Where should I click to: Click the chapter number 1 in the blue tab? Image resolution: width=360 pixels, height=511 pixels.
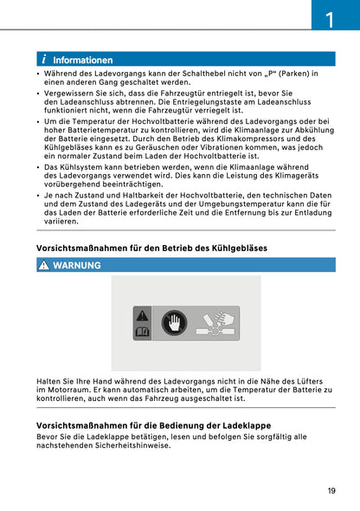point(330,17)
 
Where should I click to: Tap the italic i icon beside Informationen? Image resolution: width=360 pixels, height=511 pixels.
point(42,61)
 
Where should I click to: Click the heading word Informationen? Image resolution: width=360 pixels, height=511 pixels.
point(82,61)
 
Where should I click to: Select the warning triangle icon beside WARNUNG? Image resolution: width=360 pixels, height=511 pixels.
point(42,265)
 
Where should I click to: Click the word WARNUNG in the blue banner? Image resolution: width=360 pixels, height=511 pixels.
point(77,265)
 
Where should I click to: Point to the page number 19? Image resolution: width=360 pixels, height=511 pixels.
point(331,491)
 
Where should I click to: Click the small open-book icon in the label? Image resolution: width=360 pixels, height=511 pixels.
point(142,331)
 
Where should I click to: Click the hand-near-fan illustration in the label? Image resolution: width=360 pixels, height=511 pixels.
point(216,323)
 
